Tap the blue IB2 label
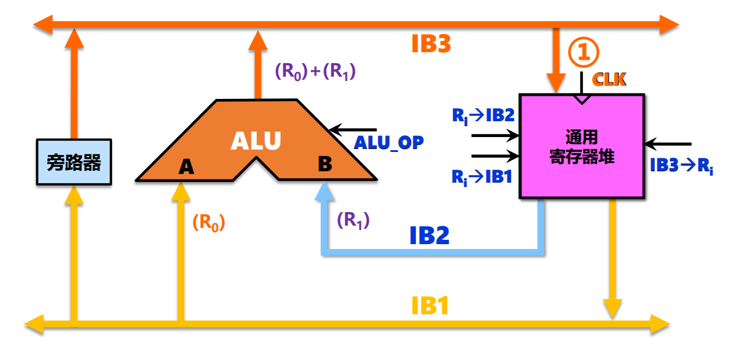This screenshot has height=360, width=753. coord(429,235)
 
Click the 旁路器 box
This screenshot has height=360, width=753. coord(74,162)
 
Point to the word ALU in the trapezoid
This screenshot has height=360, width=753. coord(256,141)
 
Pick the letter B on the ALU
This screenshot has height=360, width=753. coord(325,164)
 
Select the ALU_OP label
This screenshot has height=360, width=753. coord(388,142)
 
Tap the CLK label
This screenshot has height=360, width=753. coord(609,79)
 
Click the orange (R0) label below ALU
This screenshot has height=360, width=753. coord(208,222)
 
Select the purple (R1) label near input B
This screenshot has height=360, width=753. coord(353,220)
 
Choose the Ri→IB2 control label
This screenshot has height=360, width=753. coord(483,115)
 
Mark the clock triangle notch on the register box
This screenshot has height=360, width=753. coord(582,99)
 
